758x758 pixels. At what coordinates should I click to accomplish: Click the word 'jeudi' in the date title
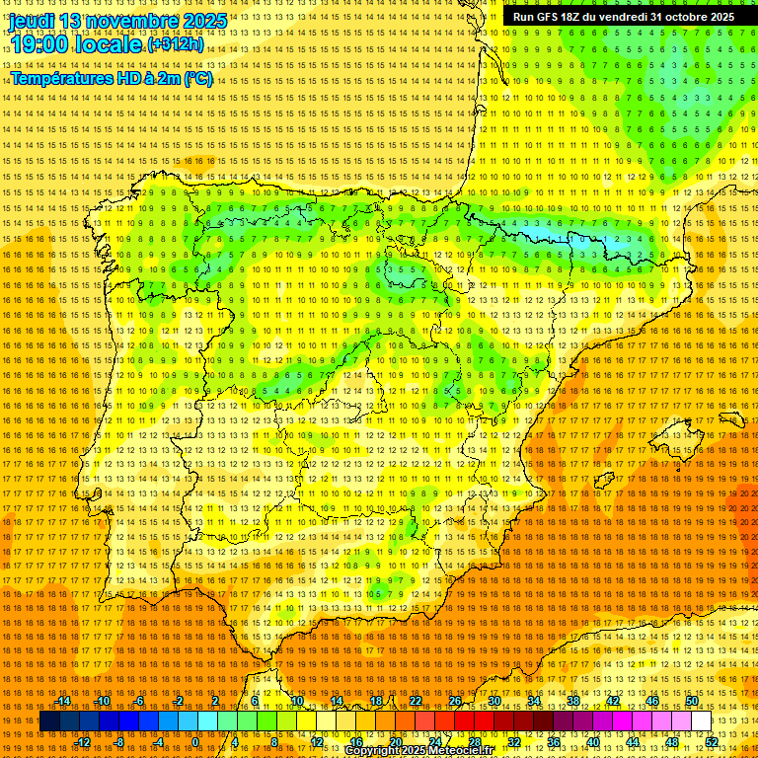(x=31, y=21)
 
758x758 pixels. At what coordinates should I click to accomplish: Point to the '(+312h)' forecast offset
(x=176, y=44)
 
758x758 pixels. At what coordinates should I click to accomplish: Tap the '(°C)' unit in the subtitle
(x=198, y=78)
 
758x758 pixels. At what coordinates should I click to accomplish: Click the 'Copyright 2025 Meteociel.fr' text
(x=418, y=751)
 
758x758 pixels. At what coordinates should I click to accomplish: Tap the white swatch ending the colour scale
(x=702, y=721)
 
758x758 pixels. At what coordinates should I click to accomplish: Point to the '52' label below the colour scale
(x=712, y=741)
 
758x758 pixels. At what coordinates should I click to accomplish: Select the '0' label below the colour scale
(x=195, y=741)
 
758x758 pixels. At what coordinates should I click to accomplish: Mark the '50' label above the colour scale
(x=692, y=701)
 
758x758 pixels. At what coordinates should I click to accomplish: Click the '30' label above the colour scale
(x=494, y=701)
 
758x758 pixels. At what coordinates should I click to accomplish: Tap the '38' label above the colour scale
(x=573, y=701)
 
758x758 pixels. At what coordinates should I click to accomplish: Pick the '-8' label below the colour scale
(x=119, y=741)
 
